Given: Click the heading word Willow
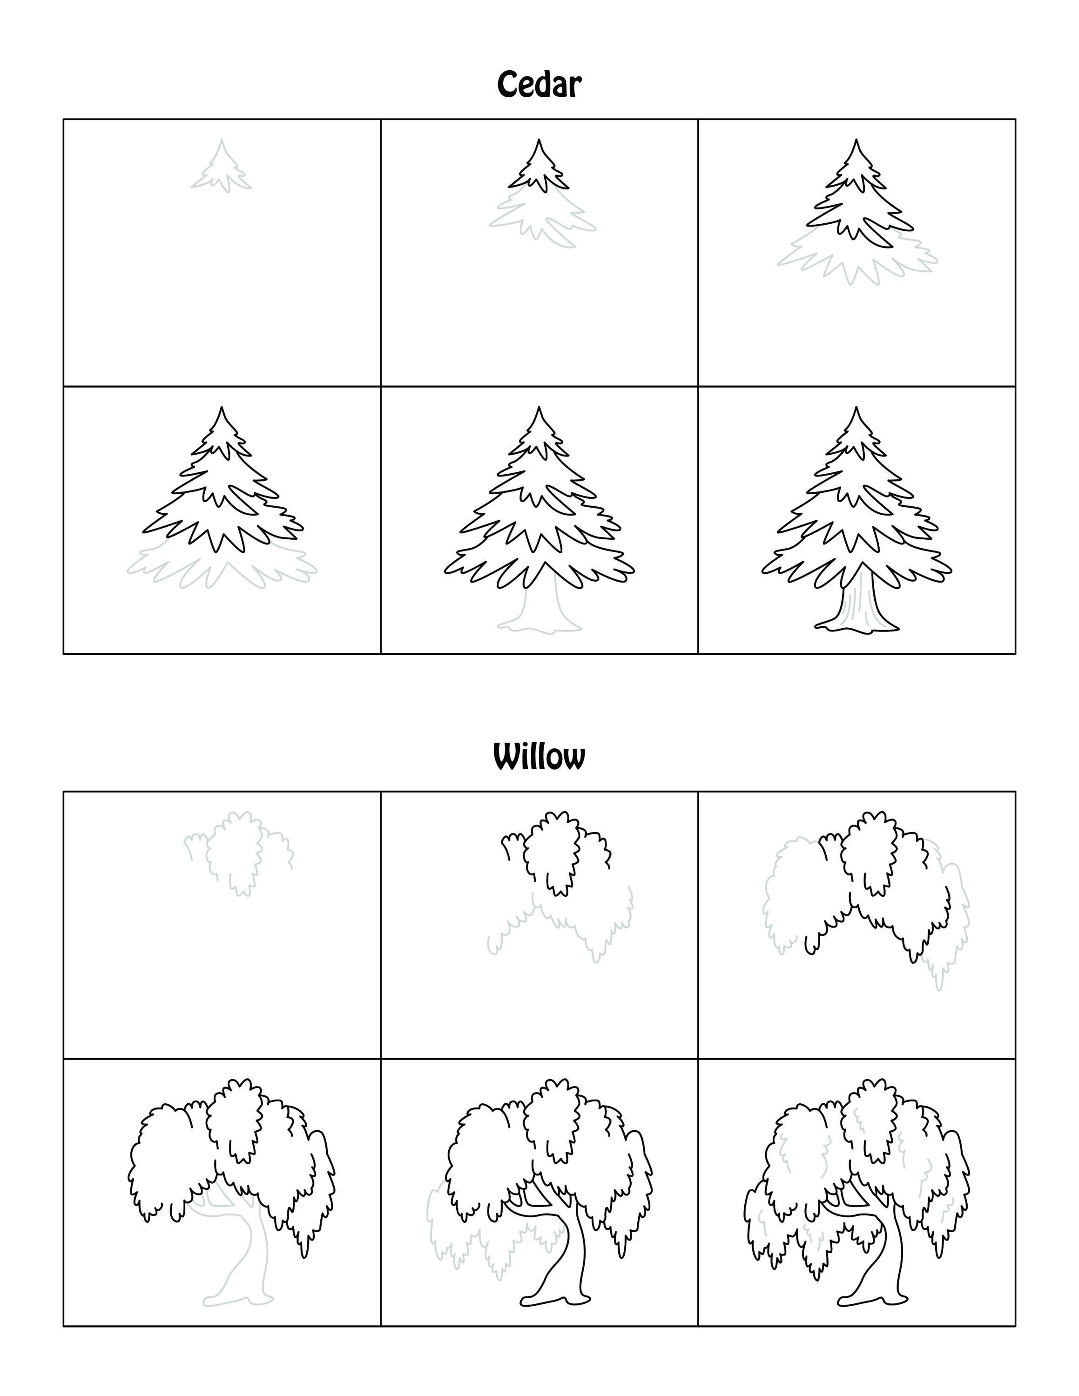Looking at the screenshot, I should point(539,758).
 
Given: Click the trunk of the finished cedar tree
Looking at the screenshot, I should point(856,604).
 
